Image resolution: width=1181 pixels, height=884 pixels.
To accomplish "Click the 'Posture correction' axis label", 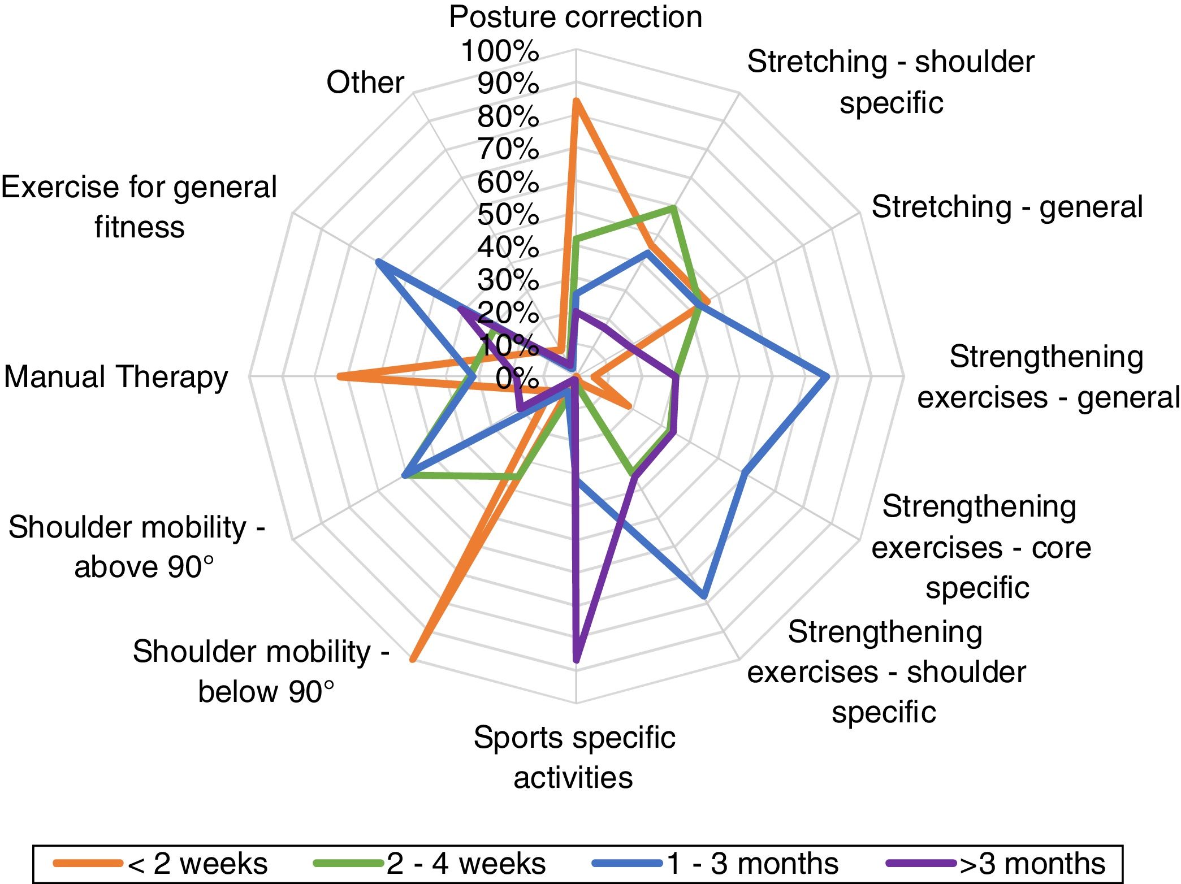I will coord(575,17).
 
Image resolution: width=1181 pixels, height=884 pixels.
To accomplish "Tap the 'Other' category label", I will coord(365,83).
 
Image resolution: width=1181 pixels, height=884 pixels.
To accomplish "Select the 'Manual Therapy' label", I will coord(116,377).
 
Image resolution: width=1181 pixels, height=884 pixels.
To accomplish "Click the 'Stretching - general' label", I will coord(1007,207).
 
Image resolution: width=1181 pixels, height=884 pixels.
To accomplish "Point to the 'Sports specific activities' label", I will coord(574,757).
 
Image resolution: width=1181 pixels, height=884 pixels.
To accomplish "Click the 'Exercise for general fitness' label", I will coord(139,207).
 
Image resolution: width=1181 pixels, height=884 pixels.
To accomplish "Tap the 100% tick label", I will coord(500,51).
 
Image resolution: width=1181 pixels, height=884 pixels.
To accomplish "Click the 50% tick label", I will coord(508,215).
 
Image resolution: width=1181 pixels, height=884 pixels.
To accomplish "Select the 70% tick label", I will coord(508,150).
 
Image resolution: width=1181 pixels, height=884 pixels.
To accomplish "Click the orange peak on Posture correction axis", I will coord(576,101).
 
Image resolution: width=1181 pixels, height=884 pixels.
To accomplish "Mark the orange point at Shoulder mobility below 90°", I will coord(413,659).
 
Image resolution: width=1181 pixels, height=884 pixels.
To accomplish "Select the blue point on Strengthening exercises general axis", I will coord(827,376).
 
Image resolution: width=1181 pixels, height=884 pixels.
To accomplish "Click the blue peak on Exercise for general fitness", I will coord(378,261).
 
